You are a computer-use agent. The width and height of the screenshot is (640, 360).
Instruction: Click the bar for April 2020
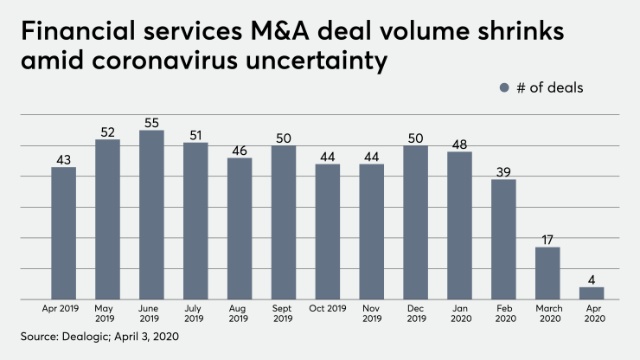coord(591,293)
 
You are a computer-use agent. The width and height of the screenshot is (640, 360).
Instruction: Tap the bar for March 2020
coord(547,273)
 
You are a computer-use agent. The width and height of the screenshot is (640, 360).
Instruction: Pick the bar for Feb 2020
coord(502,240)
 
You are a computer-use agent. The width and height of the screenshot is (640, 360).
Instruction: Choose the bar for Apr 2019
coord(63,234)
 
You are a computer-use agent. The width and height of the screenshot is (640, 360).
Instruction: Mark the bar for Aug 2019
coord(240,228)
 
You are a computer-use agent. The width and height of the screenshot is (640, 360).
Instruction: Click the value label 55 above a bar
coord(151,122)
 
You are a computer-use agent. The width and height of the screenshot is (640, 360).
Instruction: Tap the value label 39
coord(502,170)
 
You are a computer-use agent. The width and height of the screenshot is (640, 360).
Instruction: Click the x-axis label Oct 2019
coord(327,308)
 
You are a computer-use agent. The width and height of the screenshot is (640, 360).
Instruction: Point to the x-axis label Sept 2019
coord(283,313)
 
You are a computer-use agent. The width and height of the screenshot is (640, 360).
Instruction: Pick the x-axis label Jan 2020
coord(458,313)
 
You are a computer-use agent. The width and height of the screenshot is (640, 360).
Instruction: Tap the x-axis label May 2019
coord(107,313)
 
